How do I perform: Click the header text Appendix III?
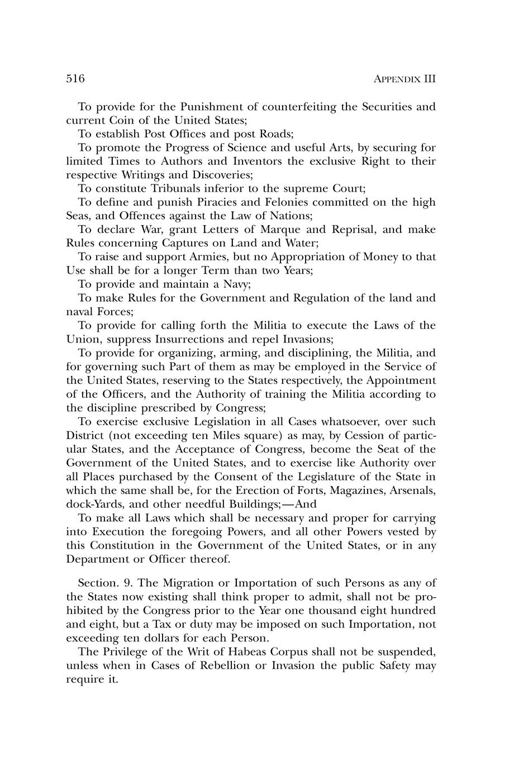(403, 79)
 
